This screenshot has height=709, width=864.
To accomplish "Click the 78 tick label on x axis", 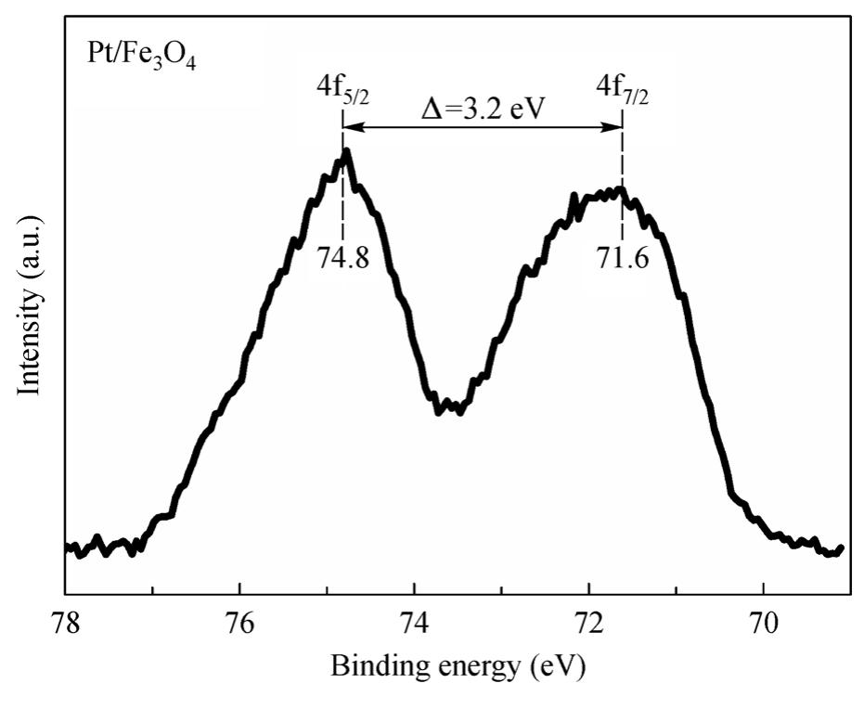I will tap(65, 623).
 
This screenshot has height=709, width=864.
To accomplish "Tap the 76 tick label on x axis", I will tap(239, 623).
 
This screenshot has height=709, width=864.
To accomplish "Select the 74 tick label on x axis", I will tap(415, 623).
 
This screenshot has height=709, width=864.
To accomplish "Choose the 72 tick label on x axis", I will tap(589, 623).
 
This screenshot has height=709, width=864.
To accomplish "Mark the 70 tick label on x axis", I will tap(764, 623).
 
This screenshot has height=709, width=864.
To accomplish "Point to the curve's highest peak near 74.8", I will tap(346, 150).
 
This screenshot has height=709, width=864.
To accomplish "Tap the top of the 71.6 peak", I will tap(620, 190).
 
